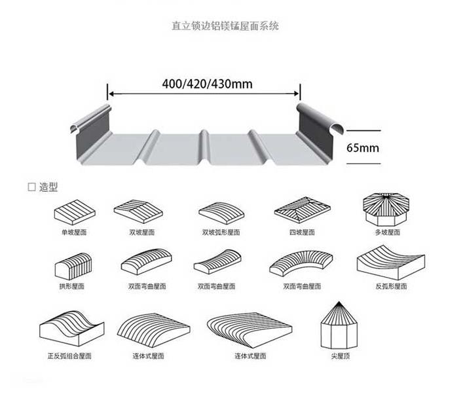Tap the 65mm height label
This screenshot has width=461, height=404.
click(x=362, y=147)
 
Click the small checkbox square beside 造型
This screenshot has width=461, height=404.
click(x=31, y=187)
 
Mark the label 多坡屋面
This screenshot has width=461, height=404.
click(x=387, y=232)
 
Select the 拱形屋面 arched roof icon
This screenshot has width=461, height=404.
click(x=71, y=266)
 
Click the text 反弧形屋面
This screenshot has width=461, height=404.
click(x=391, y=286)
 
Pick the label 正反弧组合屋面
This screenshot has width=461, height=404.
click(x=69, y=356)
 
